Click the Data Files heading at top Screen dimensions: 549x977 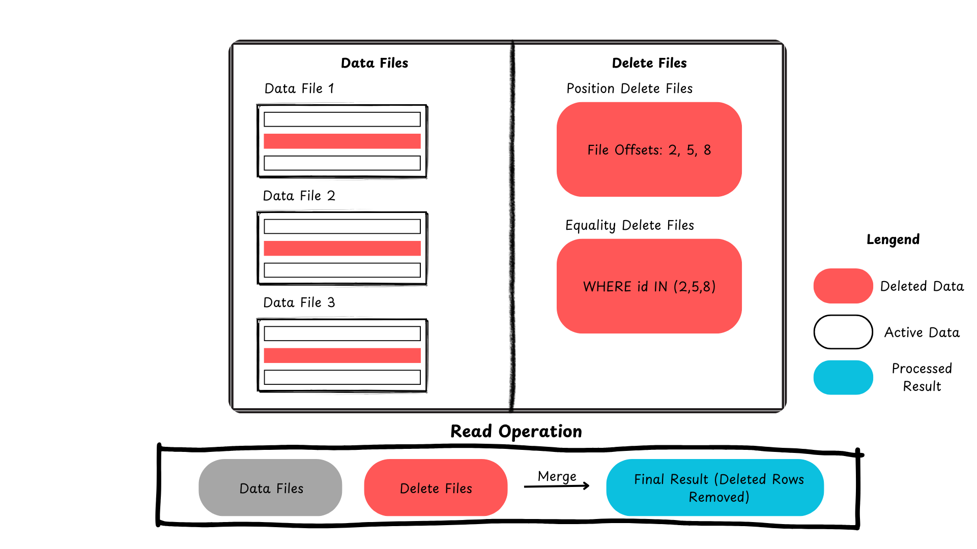[x=375, y=63]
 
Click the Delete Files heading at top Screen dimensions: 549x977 [x=649, y=63]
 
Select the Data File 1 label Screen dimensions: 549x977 [x=299, y=88]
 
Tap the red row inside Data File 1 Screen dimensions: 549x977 [x=342, y=141]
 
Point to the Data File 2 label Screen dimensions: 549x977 [x=299, y=196]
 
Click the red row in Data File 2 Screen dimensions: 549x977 [x=342, y=248]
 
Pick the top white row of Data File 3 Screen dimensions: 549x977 [x=342, y=333]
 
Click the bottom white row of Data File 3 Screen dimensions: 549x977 [x=342, y=377]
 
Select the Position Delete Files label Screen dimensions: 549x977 [x=629, y=88]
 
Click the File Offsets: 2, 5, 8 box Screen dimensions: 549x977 [x=649, y=149]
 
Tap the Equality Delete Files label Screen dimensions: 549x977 [x=629, y=225]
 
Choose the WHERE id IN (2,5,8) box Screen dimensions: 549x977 [x=649, y=286]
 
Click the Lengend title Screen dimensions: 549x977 [x=893, y=239]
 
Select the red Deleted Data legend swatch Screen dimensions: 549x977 [x=843, y=286]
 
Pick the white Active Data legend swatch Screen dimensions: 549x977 [x=843, y=332]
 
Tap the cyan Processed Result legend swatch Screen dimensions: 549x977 [x=843, y=377]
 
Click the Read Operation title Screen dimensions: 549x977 [x=516, y=432]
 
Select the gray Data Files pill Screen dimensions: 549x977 [x=270, y=487]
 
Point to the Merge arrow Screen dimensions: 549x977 [x=557, y=486]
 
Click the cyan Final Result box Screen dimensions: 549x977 [x=715, y=487]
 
